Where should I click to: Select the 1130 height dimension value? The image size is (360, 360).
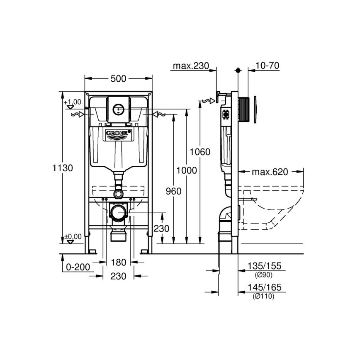tap(63, 168)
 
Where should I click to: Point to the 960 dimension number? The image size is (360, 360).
tap(173, 191)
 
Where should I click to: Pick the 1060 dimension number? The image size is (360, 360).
tap(200, 152)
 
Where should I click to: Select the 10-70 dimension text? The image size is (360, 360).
tap(267, 66)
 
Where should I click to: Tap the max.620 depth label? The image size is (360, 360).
tap(270, 172)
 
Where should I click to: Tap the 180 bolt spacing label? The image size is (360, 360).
tap(119, 262)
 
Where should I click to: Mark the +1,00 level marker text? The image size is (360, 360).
tap(72, 102)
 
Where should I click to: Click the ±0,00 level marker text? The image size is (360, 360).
tap(72, 236)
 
